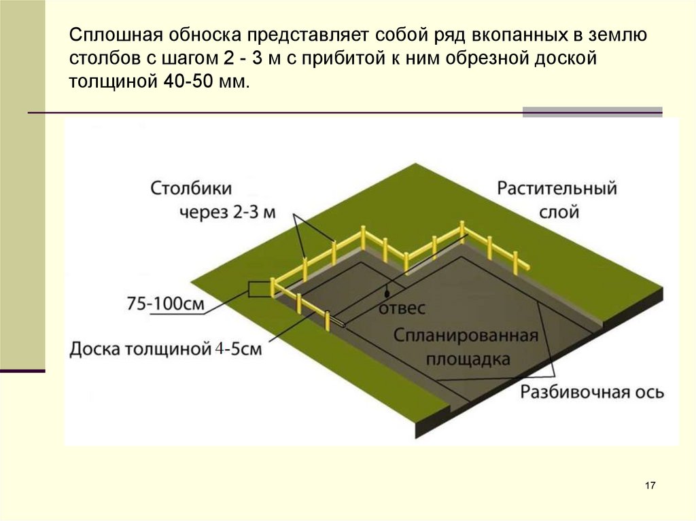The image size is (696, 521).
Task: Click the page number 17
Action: tap(650, 485)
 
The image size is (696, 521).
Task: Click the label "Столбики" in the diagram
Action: tap(191, 187)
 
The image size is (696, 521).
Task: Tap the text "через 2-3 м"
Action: tap(228, 213)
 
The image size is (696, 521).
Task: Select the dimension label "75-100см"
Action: tap(165, 304)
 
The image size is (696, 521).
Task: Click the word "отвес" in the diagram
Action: tap(401, 308)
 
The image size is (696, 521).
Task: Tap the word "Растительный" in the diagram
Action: tap(557, 188)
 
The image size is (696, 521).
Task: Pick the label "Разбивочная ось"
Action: tap(592, 393)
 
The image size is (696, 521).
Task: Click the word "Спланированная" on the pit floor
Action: tap(466, 336)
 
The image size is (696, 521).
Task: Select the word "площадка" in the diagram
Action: tap(468, 359)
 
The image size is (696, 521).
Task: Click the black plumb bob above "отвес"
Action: tap(386, 293)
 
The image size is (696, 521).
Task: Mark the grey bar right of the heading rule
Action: tap(592, 112)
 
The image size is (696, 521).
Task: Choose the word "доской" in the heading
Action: tap(565, 58)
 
